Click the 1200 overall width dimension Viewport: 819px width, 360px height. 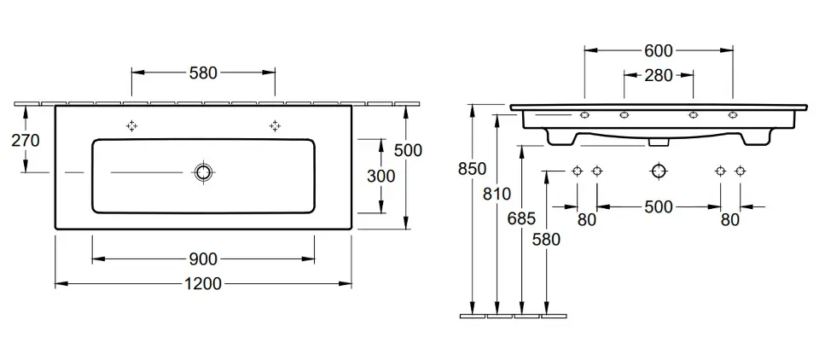point(204,283)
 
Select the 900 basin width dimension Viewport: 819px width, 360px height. point(203,258)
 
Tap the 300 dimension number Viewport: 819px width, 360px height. point(380,176)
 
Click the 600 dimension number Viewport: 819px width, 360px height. point(659,50)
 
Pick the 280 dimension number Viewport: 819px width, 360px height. point(659,75)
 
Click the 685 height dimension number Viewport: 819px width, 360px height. point(521,218)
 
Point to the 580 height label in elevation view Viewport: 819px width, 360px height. point(546,239)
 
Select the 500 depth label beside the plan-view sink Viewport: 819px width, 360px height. point(408,150)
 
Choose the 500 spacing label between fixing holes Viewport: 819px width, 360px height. point(659,206)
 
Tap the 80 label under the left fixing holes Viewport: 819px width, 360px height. point(587,220)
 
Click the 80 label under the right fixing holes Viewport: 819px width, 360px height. point(729,220)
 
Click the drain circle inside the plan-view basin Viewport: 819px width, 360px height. point(203,173)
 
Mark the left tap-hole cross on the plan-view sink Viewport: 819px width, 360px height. point(131,125)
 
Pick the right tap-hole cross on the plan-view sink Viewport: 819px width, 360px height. point(275,125)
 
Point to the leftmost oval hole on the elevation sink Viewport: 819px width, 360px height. point(584,115)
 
